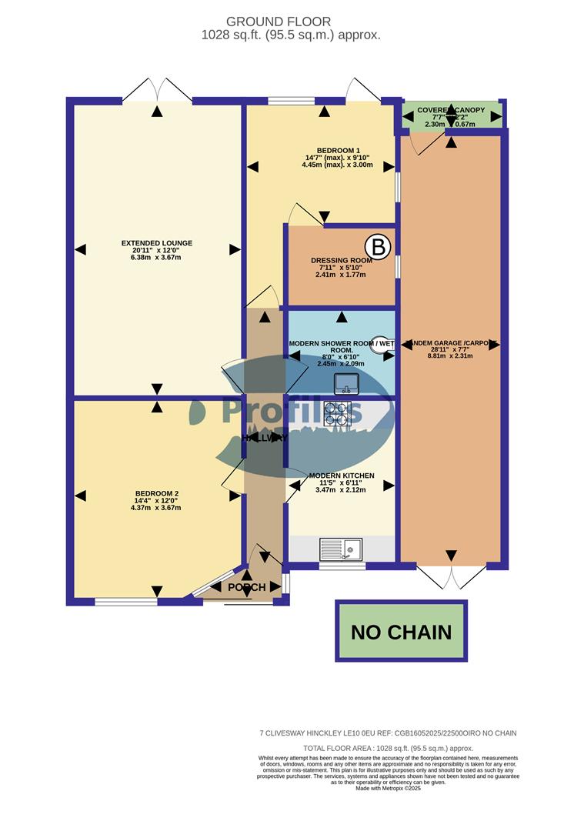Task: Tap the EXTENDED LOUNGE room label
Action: pyautogui.click(x=157, y=243)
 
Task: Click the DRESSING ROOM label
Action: pyautogui.click(x=342, y=260)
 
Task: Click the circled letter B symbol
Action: pyautogui.click(x=378, y=248)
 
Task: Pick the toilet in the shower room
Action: pyautogui.click(x=381, y=346)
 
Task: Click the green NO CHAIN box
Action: pyautogui.click(x=401, y=632)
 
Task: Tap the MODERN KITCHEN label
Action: pyautogui.click(x=342, y=476)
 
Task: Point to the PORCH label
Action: pyautogui.click(x=248, y=587)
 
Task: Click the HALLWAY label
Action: pyautogui.click(x=265, y=438)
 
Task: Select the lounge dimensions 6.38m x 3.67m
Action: pyautogui.click(x=157, y=258)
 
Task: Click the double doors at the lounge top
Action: pyautogui.click(x=157, y=89)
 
